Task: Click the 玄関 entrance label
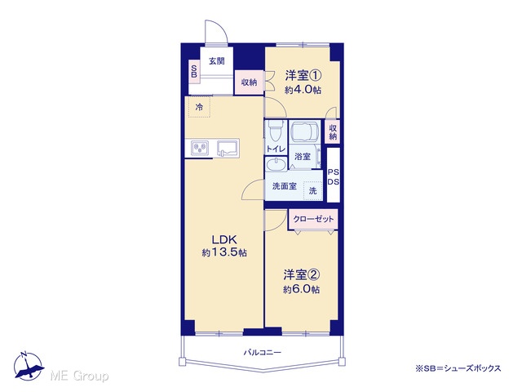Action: [217, 61]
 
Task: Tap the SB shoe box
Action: [194, 71]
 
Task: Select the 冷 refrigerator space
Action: [199, 107]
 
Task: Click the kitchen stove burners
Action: [200, 148]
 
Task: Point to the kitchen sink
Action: [228, 148]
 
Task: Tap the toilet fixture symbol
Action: [276, 130]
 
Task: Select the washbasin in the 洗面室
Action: [276, 164]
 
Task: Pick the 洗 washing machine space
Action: [312, 190]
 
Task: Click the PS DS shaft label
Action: [334, 177]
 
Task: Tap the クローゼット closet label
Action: [313, 219]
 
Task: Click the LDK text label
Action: [224, 239]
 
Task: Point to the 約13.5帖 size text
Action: [224, 253]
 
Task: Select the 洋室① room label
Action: [303, 75]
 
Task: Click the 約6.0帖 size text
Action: [302, 289]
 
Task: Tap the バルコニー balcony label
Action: [263, 352]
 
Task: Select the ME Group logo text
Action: [80, 376]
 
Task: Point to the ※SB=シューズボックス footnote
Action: [458, 368]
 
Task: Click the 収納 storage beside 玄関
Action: [249, 82]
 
